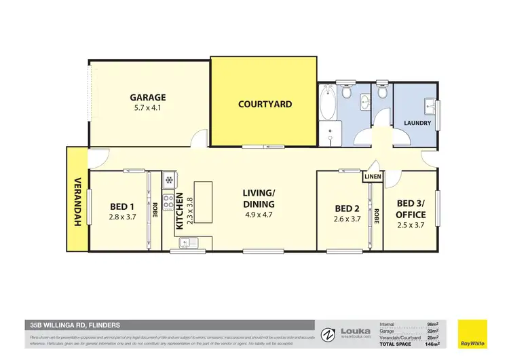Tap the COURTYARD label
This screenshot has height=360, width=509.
click(265, 104)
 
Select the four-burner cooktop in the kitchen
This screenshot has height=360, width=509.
click(168, 202)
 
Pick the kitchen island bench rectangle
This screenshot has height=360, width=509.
click(204, 202)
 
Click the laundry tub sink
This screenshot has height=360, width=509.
click(430, 105)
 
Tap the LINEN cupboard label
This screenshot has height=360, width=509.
click(373, 177)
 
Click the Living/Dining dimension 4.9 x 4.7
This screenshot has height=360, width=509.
click(259, 215)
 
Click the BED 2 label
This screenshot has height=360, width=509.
click(347, 208)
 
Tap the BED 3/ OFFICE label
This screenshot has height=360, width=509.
click(411, 209)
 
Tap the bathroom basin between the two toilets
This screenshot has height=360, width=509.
click(364, 103)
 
